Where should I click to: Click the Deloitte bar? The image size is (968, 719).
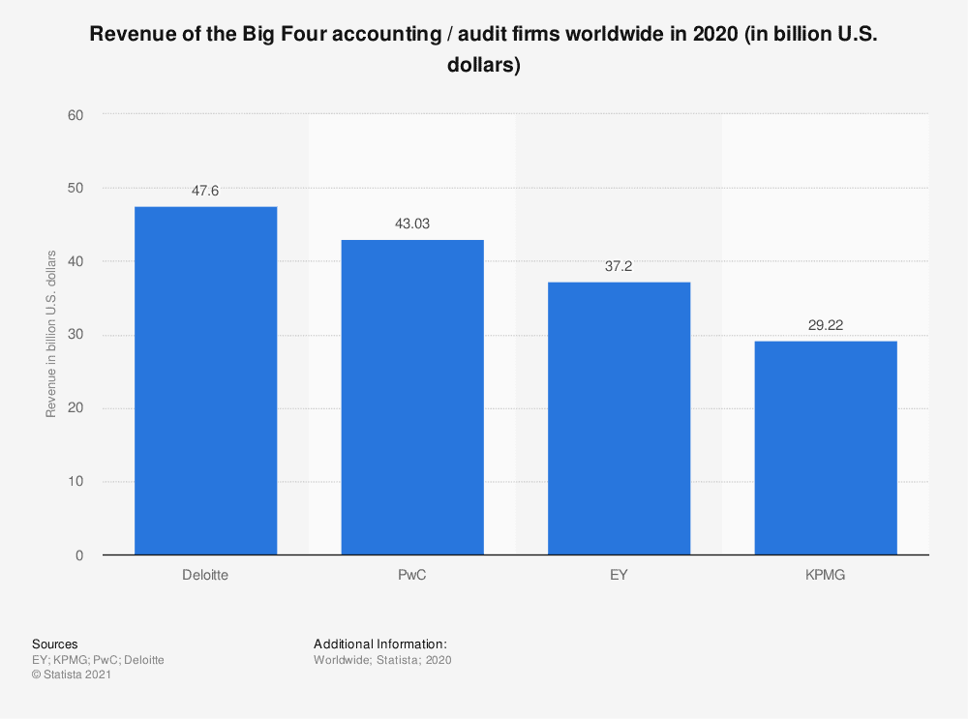click(205, 380)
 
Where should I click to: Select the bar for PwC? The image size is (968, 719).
click(412, 397)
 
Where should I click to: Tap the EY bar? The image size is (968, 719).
click(619, 418)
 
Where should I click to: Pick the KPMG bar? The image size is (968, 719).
click(826, 447)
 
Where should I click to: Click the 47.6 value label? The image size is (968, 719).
click(205, 191)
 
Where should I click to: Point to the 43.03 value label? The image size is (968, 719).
click(412, 224)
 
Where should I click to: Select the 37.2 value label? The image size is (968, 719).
click(619, 265)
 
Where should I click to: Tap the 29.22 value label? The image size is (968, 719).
click(826, 325)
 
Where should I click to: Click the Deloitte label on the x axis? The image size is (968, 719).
click(205, 575)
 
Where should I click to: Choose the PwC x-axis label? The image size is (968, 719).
click(412, 575)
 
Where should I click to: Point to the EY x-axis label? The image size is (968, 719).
click(619, 575)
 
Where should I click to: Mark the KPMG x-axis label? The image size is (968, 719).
click(826, 575)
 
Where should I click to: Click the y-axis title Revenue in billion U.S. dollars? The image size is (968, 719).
click(50, 334)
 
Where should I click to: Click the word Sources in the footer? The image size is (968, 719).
click(54, 644)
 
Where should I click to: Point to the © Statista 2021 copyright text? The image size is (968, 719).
click(72, 675)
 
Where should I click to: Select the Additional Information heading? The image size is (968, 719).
click(379, 644)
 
